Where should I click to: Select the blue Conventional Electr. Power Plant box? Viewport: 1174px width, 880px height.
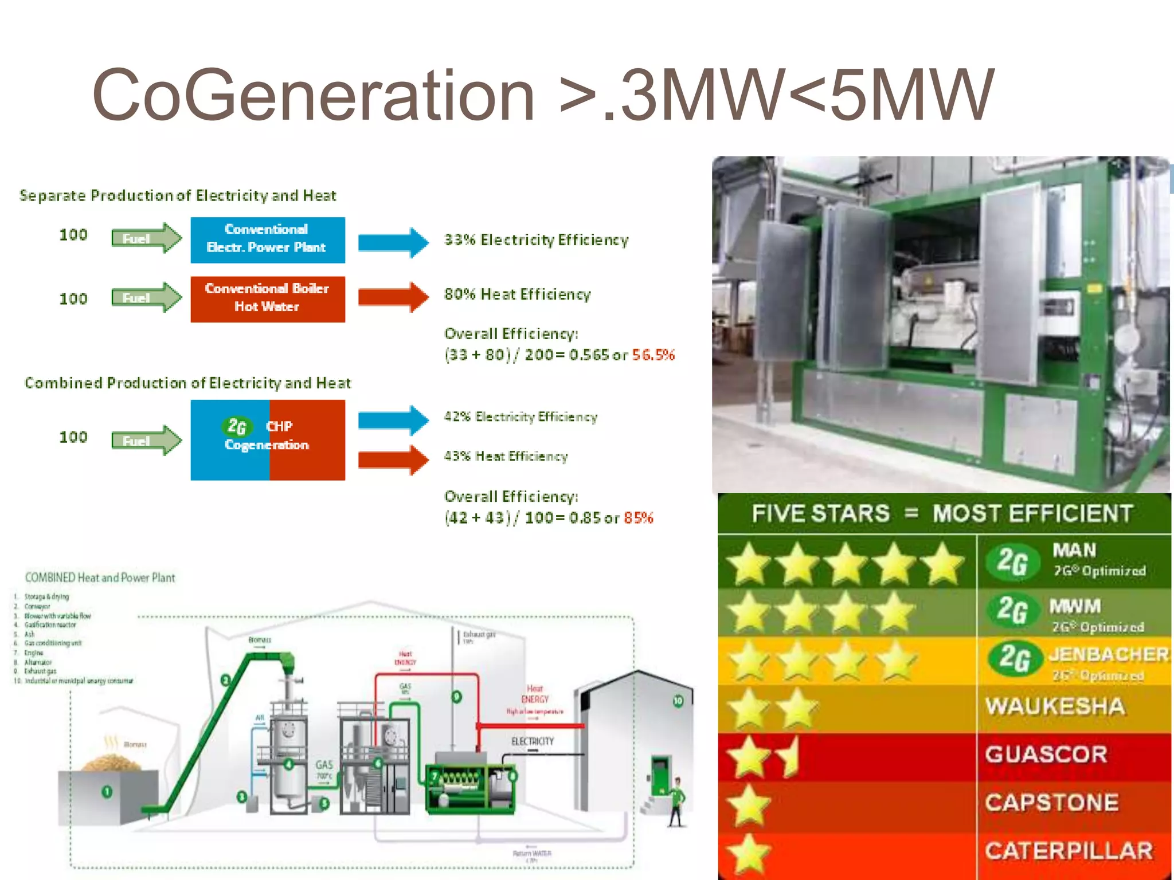[268, 240]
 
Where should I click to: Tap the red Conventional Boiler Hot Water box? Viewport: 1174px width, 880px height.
[268, 299]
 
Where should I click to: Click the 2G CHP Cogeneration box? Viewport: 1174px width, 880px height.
[268, 440]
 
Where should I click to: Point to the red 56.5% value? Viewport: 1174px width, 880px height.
[653, 355]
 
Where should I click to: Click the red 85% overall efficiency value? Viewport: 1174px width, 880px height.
[639, 518]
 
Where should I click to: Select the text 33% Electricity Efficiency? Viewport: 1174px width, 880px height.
[537, 240]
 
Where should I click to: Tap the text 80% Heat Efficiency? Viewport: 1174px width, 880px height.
[518, 294]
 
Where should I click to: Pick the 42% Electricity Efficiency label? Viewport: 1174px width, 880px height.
[521, 417]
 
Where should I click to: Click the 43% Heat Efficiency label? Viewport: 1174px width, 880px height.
[506, 457]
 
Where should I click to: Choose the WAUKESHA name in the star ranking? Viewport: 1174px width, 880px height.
[1055, 706]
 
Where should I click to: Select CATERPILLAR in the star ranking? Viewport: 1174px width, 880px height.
[1069, 851]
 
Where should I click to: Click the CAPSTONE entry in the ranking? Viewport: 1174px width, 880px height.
[1051, 803]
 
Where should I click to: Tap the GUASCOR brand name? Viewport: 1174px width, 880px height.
[1046, 755]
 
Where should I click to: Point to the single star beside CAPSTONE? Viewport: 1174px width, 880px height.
[749, 804]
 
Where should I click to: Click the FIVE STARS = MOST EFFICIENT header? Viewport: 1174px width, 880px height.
[942, 513]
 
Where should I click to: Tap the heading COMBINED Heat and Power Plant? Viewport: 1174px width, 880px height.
[100, 577]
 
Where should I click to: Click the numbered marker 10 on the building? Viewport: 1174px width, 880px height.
[678, 701]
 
